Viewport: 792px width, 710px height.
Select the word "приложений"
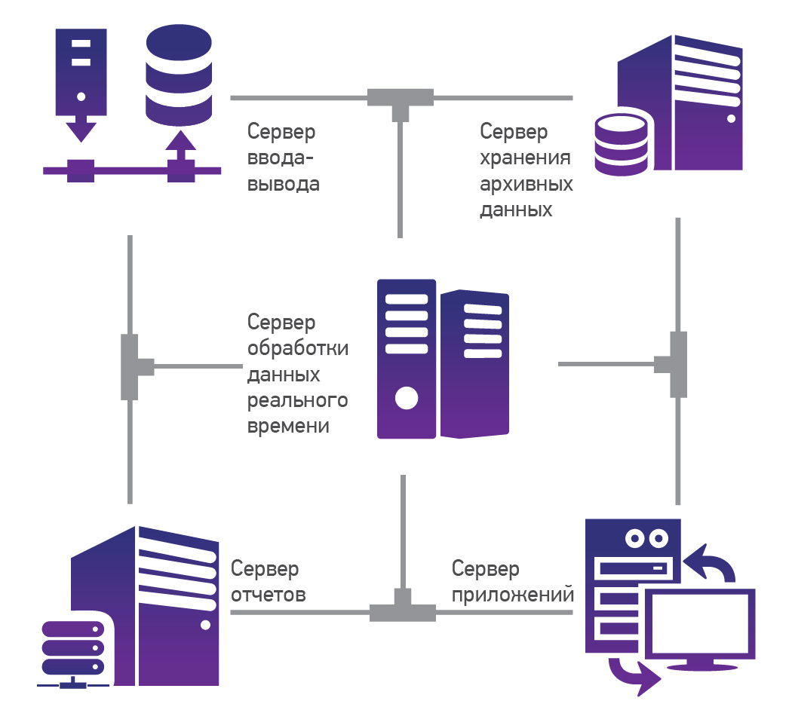(x=513, y=595)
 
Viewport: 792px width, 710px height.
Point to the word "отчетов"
(x=269, y=595)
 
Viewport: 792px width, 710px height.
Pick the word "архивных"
(x=526, y=184)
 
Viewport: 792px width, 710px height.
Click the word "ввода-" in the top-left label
(x=281, y=158)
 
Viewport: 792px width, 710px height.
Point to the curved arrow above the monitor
(x=712, y=562)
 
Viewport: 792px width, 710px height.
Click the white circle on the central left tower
(x=407, y=397)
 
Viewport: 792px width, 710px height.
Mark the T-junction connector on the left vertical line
(x=131, y=367)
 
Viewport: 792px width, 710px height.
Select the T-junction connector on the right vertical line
(x=677, y=365)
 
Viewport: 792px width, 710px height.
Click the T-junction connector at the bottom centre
(x=402, y=608)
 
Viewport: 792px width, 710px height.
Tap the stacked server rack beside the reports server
(x=72, y=649)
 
